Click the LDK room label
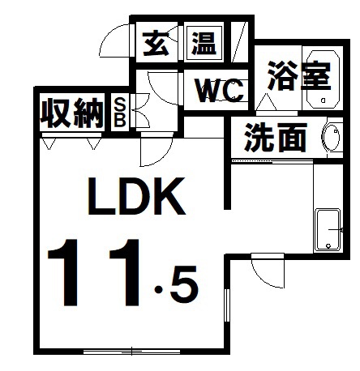click(137, 196)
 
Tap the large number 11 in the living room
click(95, 273)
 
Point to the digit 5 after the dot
click(184, 285)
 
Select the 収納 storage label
click(72, 113)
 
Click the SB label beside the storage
click(120, 113)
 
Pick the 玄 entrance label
click(156, 43)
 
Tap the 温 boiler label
click(204, 43)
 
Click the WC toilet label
click(220, 91)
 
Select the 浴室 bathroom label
click(299, 75)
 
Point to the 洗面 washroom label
click(276, 137)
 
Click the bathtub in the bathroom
click(323, 79)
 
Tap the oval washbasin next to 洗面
click(331, 138)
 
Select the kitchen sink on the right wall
click(328, 230)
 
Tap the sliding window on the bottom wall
click(131, 352)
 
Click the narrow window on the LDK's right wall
click(227, 305)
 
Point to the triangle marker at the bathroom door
click(267, 102)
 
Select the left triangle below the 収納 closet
click(49, 144)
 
